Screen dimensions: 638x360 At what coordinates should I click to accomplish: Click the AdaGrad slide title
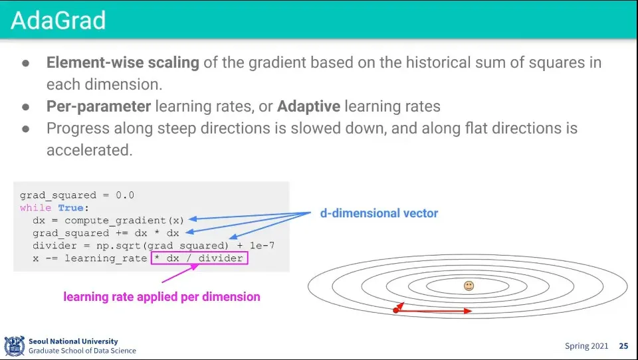pos(58,21)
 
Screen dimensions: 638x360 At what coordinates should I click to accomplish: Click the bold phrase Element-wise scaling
pos(123,62)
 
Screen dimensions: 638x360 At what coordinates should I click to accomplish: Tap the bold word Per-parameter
pos(99,106)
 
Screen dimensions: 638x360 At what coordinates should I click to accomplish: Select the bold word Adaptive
pos(309,106)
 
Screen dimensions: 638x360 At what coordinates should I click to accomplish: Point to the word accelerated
pos(90,150)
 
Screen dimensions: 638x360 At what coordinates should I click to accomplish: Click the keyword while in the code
pos(36,208)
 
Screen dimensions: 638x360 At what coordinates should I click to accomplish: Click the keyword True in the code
pos(71,208)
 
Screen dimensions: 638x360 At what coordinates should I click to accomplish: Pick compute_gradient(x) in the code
pos(124,221)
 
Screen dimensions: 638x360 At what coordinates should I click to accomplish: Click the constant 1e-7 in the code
pos(262,246)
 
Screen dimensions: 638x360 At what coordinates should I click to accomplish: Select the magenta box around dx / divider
pos(199,252)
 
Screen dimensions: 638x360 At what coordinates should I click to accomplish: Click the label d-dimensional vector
pos(379,213)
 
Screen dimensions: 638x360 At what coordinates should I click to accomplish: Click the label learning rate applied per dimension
pos(161,296)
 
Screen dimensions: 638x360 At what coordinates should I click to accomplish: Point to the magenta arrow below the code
pos(180,274)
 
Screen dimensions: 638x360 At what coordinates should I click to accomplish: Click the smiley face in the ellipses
pos(469,286)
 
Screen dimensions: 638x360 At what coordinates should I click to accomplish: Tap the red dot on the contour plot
pos(396,310)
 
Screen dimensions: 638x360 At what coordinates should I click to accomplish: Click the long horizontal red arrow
pos(434,311)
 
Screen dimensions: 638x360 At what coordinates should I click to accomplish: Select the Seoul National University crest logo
pos(15,346)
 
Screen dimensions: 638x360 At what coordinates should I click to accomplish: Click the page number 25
pos(623,346)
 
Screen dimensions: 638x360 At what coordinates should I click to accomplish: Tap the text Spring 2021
pos(586,346)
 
